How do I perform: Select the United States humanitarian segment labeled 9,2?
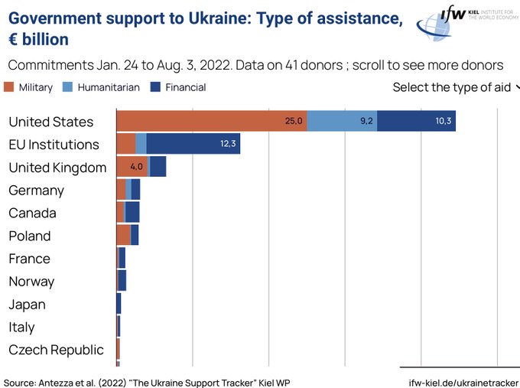[x=342, y=121]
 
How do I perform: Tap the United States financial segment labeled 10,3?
[x=416, y=121]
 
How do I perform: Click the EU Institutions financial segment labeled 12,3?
[x=193, y=144]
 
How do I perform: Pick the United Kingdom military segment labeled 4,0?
[x=132, y=167]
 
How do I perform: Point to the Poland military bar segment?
[x=123, y=235]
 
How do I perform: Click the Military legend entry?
[x=29, y=87]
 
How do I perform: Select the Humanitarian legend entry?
[x=102, y=87]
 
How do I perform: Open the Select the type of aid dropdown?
[x=456, y=87]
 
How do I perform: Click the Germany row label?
[x=36, y=190]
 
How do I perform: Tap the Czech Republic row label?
[x=56, y=350]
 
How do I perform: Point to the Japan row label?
[x=27, y=304]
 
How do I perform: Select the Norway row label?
[x=31, y=281]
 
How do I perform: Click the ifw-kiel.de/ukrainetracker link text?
[x=464, y=381]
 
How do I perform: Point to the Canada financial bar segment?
[x=132, y=212]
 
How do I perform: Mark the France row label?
[x=29, y=258]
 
